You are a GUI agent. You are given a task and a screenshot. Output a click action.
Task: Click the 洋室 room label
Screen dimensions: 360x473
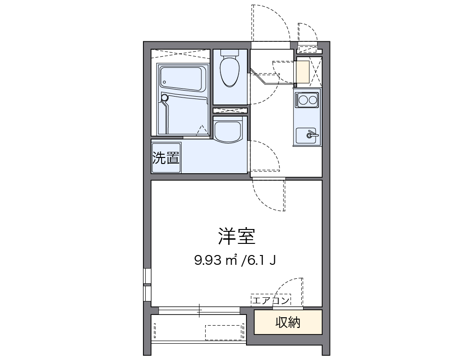236,237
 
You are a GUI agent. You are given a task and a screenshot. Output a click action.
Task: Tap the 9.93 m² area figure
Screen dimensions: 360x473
216,260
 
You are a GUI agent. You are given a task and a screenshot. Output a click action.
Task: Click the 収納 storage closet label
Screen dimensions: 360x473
287,322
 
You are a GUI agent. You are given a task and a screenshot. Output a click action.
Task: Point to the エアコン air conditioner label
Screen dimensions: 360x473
271,301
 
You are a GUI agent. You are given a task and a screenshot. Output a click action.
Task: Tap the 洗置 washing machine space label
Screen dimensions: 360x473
166,158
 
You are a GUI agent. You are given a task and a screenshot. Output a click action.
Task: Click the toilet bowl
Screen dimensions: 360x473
230,71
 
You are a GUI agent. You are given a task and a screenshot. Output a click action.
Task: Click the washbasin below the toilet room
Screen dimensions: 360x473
228,130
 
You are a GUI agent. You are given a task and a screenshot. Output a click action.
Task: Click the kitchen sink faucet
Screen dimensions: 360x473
311,135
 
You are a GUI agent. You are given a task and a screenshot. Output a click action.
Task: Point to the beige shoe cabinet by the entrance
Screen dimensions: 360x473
303,72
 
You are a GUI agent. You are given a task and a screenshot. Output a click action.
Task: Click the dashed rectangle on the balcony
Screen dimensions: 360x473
225,332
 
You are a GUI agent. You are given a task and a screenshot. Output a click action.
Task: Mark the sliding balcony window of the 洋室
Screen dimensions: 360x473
200,310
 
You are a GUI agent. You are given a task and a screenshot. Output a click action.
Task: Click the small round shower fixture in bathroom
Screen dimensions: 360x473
164,98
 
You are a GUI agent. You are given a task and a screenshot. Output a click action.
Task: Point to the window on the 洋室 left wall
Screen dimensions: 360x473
147,283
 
